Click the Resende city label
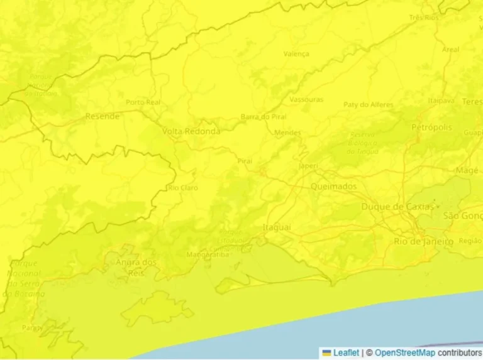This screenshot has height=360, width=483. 102,116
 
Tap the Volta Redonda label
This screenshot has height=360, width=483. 191,131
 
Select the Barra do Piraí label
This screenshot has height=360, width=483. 264,117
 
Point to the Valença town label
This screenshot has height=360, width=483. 296,54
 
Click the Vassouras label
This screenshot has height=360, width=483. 306,99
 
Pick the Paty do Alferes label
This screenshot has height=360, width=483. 369,104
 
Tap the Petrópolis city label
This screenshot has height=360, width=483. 431,128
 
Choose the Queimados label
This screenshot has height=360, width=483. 333,187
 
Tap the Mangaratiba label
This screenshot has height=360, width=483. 208,254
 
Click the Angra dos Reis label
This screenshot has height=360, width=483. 136,267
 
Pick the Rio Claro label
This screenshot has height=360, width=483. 183,188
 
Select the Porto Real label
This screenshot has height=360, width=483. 143,102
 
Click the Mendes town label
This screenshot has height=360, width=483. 287,133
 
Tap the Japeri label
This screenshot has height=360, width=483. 308,166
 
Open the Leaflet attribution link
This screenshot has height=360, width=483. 346,353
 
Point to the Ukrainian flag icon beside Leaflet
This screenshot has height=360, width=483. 327,353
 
